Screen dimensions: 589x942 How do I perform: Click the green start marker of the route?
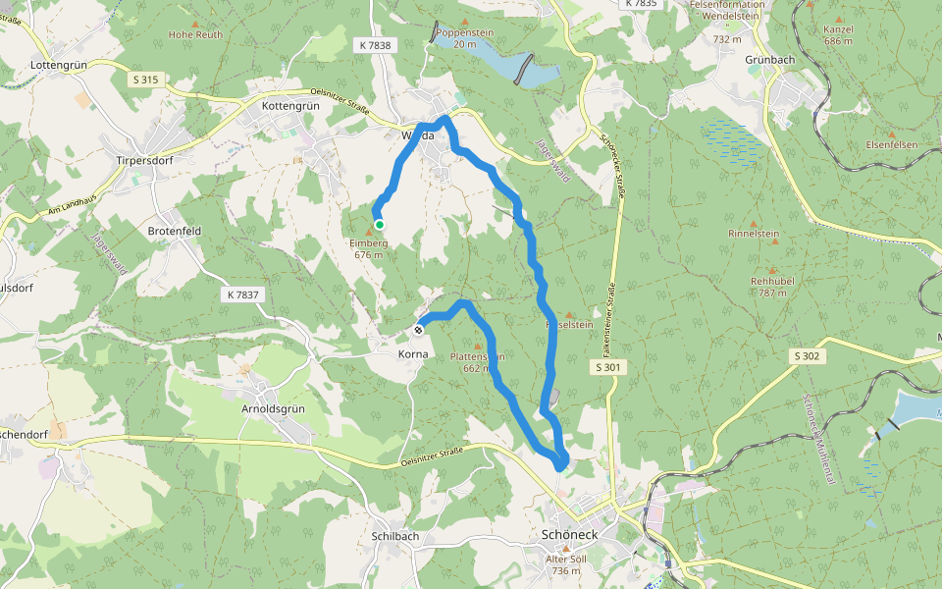coord(380,224)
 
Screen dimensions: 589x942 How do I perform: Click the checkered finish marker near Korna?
coord(420,329)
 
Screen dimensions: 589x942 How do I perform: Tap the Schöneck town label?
coord(568,535)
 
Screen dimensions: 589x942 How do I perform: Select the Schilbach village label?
coord(395,536)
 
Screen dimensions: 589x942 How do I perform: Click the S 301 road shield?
coord(608,367)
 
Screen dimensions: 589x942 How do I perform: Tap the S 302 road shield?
coord(806,355)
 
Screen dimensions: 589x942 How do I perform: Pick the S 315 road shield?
coord(143,78)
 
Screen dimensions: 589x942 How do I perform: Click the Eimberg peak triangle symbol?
coord(369,231)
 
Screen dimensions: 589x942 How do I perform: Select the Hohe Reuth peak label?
coord(195,34)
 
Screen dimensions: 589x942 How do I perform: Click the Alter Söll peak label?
coord(565,558)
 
